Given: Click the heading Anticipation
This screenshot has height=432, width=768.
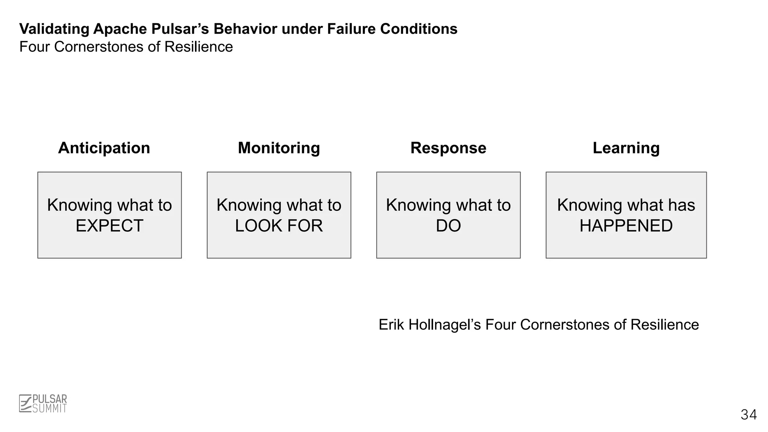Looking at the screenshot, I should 104,148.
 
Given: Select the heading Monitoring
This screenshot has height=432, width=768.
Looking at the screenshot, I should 279,148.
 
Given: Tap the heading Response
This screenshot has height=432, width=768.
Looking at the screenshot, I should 448,148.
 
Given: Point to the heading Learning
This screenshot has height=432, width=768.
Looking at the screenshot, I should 626,148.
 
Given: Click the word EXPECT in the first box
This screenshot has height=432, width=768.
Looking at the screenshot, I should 109,226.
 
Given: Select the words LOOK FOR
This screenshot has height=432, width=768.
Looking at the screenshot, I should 279,226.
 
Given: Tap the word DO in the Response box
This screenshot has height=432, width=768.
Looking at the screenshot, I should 448,226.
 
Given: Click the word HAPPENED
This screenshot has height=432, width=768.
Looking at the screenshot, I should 626,226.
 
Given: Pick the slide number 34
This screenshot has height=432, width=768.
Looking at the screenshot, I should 748,415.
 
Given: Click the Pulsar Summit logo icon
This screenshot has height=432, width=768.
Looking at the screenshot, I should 25,403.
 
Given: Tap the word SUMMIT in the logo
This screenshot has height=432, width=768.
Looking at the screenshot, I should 49,409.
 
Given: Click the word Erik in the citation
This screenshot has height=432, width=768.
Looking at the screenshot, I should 391,325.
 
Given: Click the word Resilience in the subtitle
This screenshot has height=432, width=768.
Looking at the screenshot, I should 198,47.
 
